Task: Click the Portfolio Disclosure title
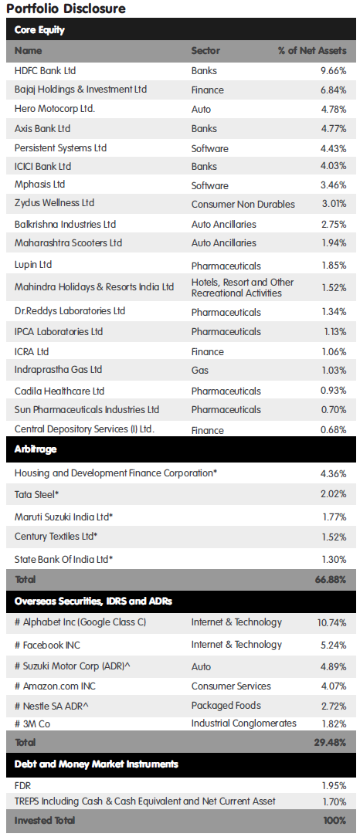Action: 66,8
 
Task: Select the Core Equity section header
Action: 39,30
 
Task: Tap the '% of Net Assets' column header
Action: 312,51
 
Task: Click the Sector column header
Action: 205,51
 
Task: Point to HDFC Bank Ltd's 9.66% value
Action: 333,70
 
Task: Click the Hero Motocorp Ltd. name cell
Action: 55,109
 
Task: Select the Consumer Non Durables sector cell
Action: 243,205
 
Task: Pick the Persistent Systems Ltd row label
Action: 60,147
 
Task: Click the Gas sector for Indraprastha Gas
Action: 200,370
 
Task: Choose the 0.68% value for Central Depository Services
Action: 333,430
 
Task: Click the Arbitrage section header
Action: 36,449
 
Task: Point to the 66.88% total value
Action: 331,579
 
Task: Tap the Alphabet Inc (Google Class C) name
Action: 80,622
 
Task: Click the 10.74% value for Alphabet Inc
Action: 331,622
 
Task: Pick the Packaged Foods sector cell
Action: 226,705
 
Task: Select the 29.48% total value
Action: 331,742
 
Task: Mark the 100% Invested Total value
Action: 335,821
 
